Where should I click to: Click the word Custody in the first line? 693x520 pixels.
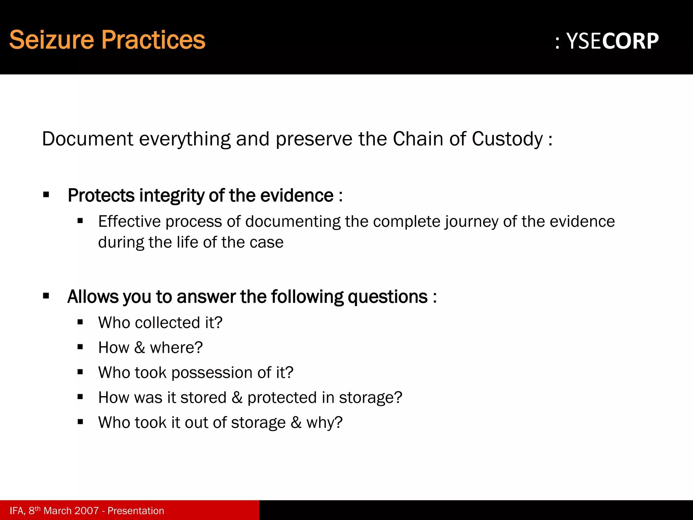tap(507, 139)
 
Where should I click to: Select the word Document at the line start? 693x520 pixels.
tap(88, 139)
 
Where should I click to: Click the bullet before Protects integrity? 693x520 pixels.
tap(46, 195)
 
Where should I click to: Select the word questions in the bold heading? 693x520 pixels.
tap(387, 297)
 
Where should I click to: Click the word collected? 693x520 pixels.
tap(167, 322)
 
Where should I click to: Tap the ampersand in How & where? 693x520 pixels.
tap(139, 348)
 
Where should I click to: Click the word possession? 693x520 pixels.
tap(212, 373)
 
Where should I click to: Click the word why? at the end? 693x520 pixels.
tap(324, 423)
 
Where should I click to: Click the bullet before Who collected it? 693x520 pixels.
tap(80, 322)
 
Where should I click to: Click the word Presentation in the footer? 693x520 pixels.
tap(136, 511)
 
